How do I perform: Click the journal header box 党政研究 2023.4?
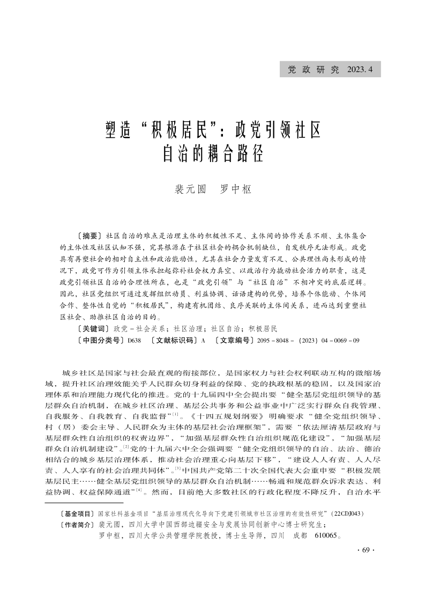[330, 70]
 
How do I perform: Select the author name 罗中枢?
[236, 189]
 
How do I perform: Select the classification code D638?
[135, 340]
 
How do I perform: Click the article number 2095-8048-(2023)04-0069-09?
[308, 340]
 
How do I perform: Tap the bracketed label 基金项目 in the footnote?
[78, 513]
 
